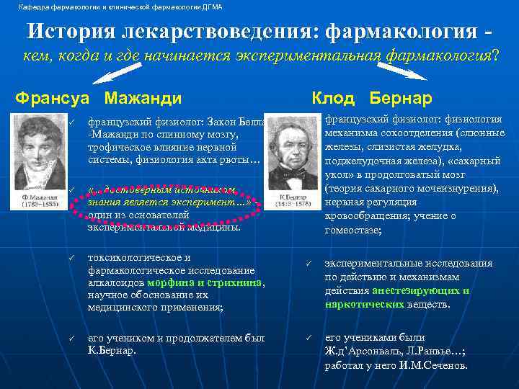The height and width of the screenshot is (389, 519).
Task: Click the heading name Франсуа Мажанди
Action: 98,97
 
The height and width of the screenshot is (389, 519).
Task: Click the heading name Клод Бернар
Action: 371,97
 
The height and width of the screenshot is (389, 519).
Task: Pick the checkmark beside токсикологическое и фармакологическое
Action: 71,258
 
